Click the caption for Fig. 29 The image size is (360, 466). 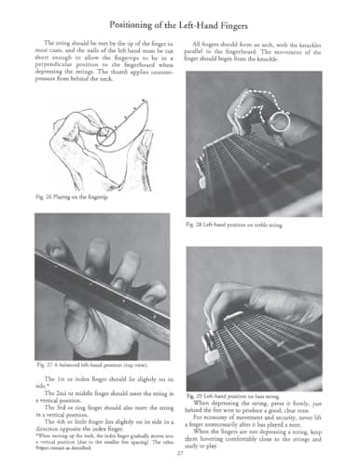coord(233,396)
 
